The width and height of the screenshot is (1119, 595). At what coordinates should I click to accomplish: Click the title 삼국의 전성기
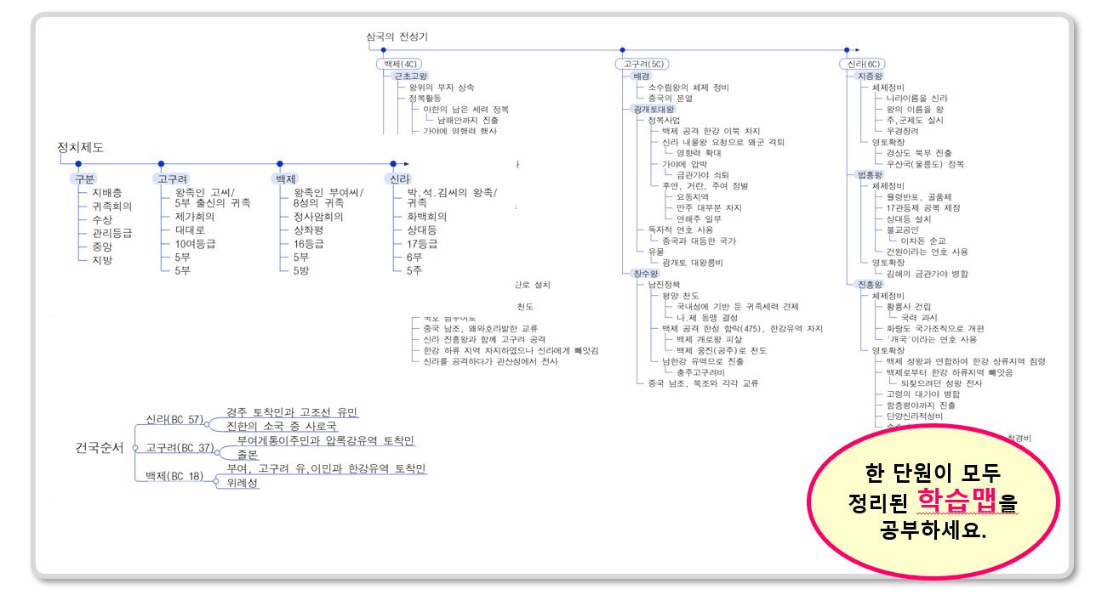click(397, 37)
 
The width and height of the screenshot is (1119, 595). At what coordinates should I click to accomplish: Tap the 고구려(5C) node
click(643, 64)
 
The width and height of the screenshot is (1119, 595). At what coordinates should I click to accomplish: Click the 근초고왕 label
click(411, 76)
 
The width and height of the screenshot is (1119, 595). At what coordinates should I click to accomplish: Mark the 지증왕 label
click(864, 76)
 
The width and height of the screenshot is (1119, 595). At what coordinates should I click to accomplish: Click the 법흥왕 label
click(864, 174)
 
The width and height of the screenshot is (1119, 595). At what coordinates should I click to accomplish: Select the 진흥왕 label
click(864, 284)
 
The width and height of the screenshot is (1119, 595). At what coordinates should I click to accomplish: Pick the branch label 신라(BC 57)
click(174, 419)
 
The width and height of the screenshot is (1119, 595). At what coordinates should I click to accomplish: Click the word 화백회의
click(426, 216)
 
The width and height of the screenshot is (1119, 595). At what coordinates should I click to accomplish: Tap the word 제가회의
click(188, 216)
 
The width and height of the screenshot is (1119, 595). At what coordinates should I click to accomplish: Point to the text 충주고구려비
click(700, 372)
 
